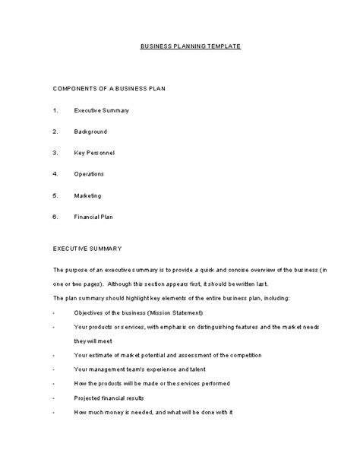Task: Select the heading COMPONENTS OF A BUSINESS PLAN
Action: pyautogui.click(x=109, y=89)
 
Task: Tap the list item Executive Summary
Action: pyautogui.click(x=101, y=111)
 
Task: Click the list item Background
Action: pyautogui.click(x=90, y=132)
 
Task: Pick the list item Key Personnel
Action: pyautogui.click(x=94, y=153)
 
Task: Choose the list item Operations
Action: pyautogui.click(x=89, y=174)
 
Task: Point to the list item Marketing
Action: pyautogui.click(x=87, y=195)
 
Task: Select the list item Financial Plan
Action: pyautogui.click(x=94, y=217)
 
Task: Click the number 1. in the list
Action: pyautogui.click(x=55, y=111)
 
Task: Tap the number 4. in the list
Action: pyautogui.click(x=55, y=174)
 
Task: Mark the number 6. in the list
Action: pyautogui.click(x=55, y=217)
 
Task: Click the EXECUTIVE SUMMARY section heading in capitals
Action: pyautogui.click(x=87, y=249)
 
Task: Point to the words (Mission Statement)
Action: pyautogui.click(x=175, y=312)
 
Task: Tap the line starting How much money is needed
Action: pyautogui.click(x=152, y=411)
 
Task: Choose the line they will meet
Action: pyautogui.click(x=92, y=341)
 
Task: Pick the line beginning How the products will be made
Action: pyautogui.click(x=151, y=383)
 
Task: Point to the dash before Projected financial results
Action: pyautogui.click(x=54, y=397)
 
